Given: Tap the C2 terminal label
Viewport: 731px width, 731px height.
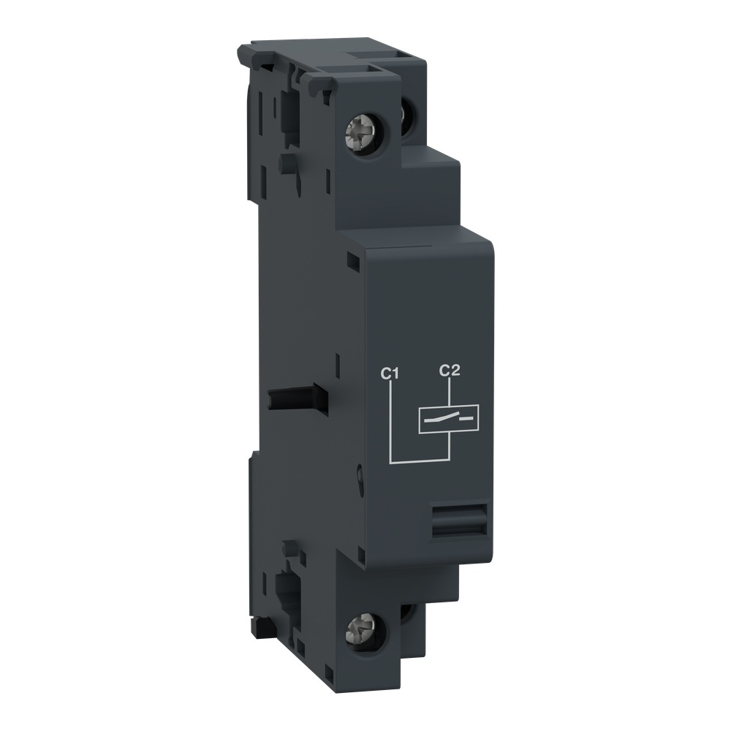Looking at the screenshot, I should [449, 371].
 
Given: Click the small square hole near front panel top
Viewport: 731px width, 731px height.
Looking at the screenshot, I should [353, 259].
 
